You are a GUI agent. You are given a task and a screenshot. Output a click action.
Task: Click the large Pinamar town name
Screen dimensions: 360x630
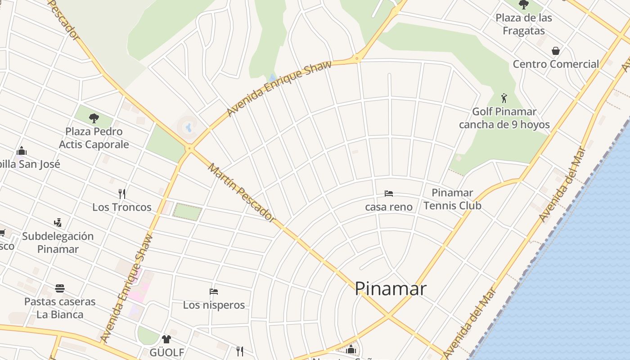[x=390, y=288]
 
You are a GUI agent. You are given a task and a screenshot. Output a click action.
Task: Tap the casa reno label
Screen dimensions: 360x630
[x=389, y=207]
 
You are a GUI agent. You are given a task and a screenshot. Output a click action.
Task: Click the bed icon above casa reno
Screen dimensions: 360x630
[x=389, y=193]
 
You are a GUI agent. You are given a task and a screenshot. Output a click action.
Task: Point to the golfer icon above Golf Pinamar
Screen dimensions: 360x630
[x=504, y=98]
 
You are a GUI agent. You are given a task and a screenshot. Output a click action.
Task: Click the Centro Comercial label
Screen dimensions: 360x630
[x=556, y=64]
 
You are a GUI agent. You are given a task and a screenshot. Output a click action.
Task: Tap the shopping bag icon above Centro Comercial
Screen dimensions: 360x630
[x=556, y=50]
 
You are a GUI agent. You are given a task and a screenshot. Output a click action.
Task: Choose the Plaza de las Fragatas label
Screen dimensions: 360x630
[x=524, y=24]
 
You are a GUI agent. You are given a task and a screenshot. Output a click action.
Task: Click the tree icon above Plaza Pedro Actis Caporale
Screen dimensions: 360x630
[x=94, y=118]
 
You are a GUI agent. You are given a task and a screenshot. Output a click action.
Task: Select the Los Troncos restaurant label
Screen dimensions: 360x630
[x=122, y=207]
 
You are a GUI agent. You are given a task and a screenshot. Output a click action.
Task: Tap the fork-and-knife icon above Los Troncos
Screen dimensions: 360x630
[x=122, y=194]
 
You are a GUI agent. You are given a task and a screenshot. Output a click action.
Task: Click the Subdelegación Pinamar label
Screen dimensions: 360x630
[x=58, y=243]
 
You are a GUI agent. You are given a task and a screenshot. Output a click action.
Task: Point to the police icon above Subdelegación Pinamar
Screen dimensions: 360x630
[x=58, y=222]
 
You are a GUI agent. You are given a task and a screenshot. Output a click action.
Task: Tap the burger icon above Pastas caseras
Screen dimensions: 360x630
[x=60, y=288]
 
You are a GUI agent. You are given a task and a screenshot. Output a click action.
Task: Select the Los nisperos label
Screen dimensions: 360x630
[x=214, y=305]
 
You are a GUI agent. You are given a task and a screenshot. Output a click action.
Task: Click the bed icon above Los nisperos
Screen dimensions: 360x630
[x=214, y=292]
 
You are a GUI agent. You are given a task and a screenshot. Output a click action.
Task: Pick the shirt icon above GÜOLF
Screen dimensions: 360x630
[x=166, y=339]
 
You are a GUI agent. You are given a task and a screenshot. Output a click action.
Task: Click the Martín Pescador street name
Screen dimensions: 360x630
[x=242, y=193]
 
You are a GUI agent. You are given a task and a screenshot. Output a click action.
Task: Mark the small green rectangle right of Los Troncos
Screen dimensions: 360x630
[x=187, y=212]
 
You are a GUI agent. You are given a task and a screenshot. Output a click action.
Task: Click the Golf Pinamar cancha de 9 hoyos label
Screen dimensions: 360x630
[x=504, y=118]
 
